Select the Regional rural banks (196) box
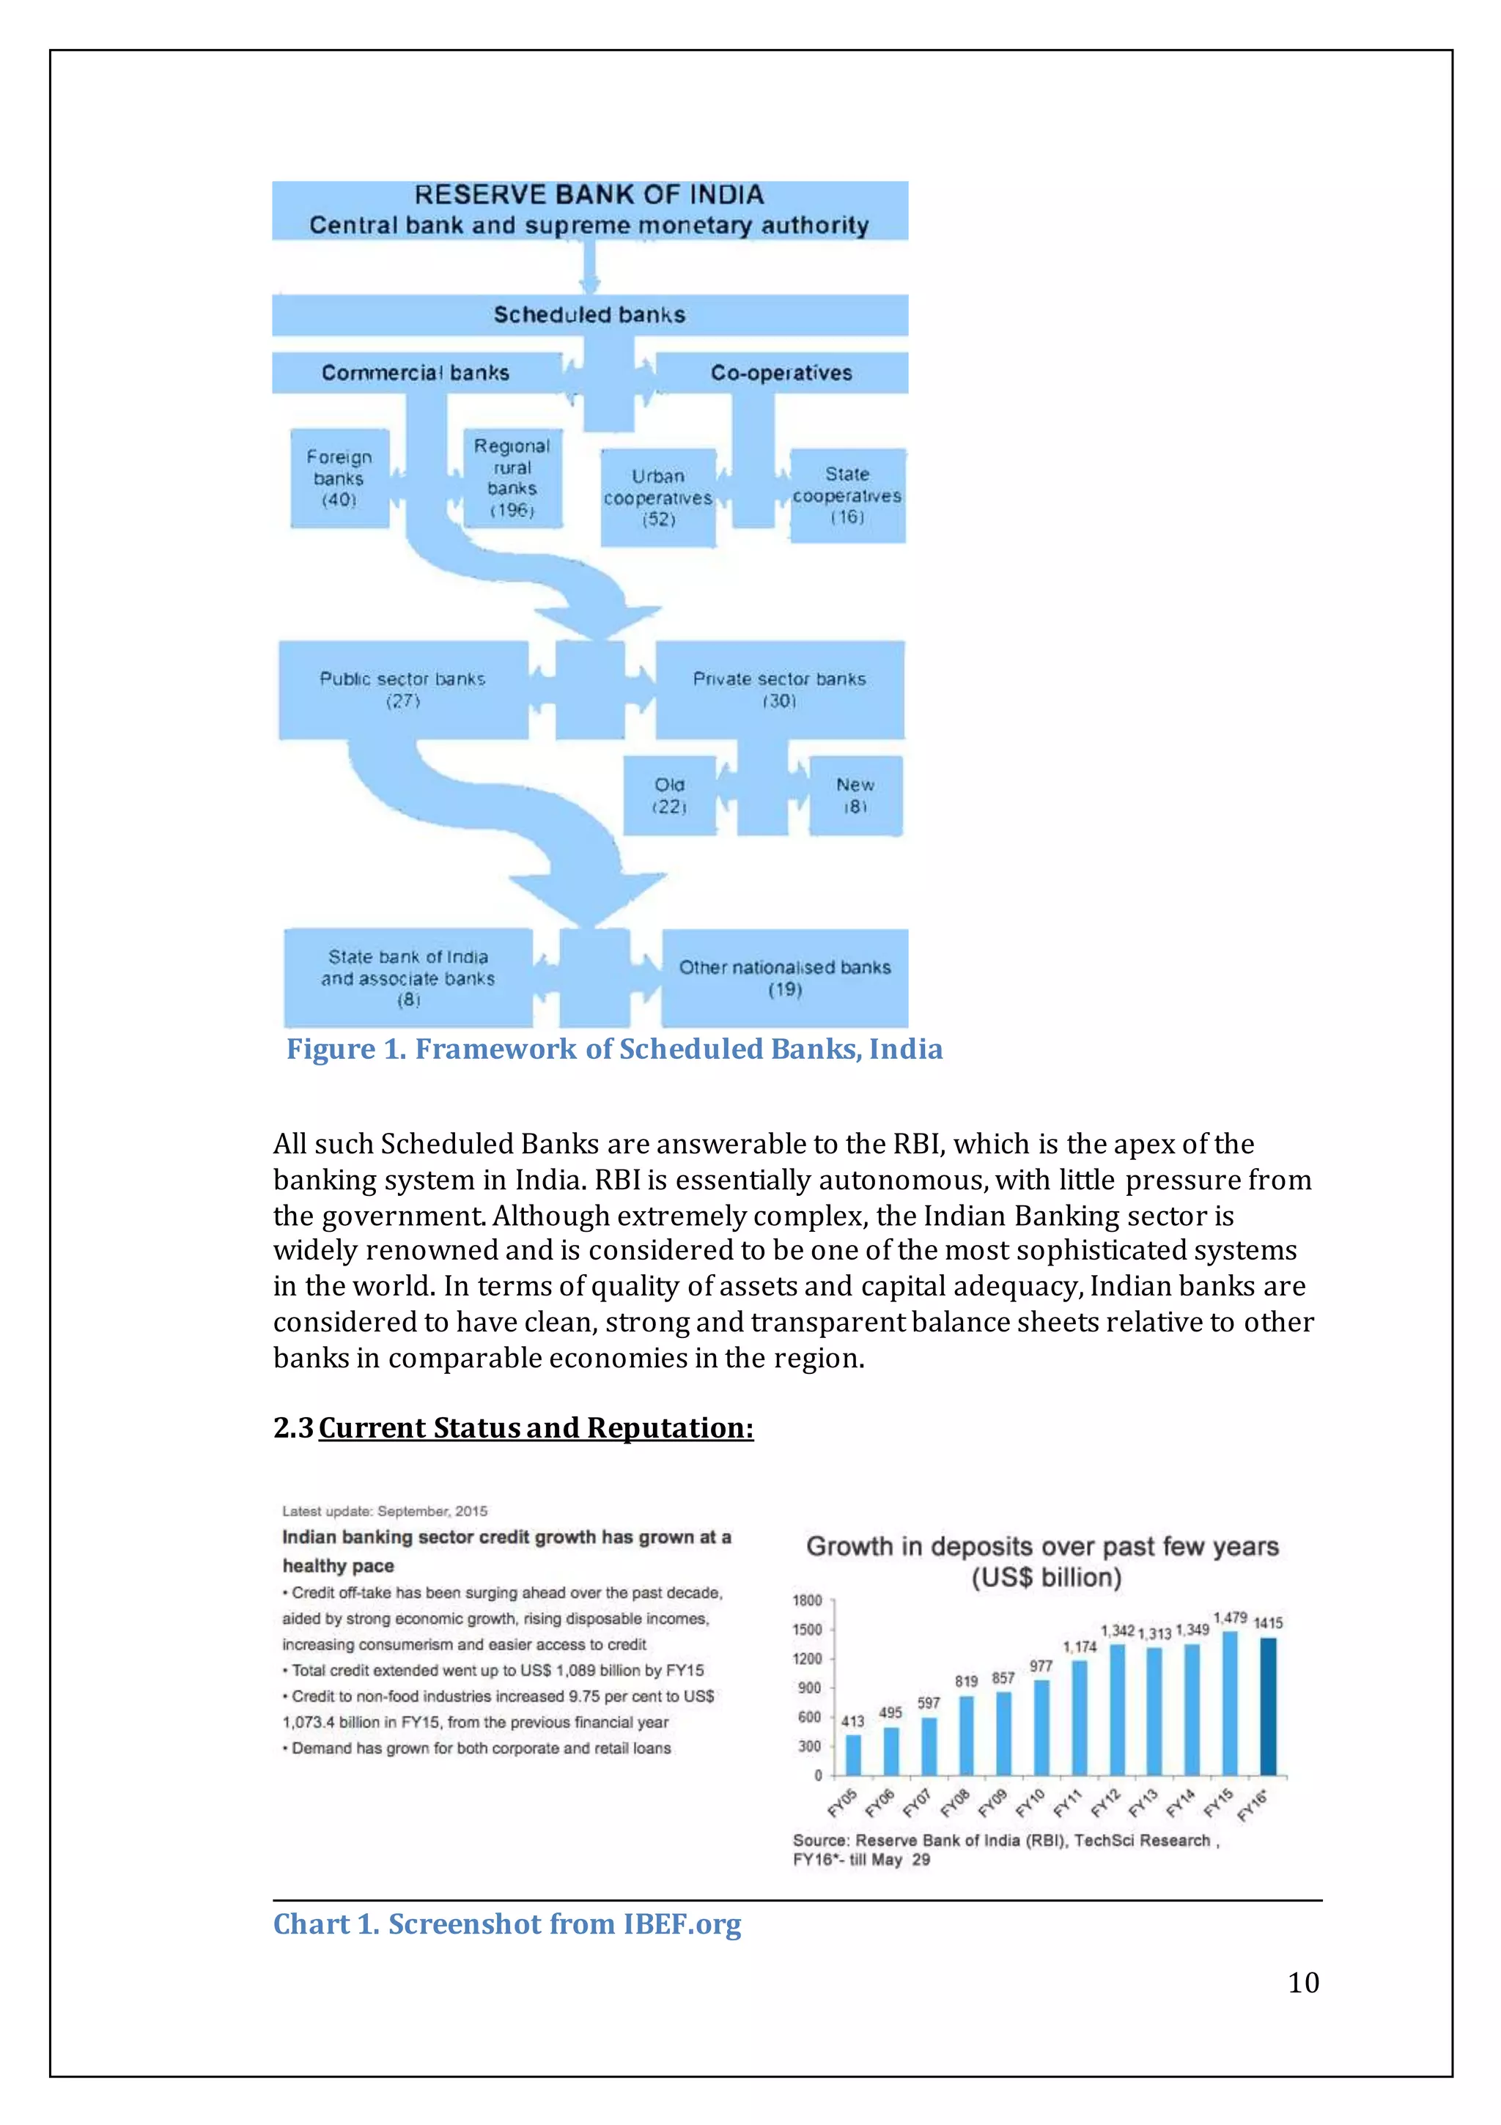coord(512,478)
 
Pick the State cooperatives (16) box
coord(847,495)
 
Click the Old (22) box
coord(669,795)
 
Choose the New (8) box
coord(855,795)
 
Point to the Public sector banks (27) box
coord(403,689)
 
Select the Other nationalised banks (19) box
coord(784,977)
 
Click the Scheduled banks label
coord(589,314)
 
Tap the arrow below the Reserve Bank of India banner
coord(589,268)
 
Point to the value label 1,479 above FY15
coord(1230,1618)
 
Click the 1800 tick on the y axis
coord(806,1600)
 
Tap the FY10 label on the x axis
coord(1030,1802)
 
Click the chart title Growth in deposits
coord(1043,1547)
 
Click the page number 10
coord(1303,1982)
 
